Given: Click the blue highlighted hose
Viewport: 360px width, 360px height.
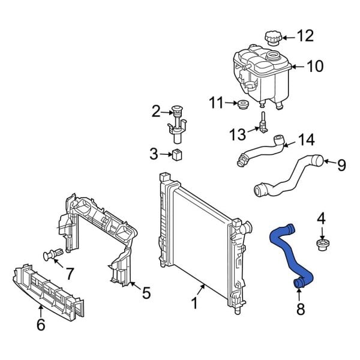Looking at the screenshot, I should (x=286, y=252).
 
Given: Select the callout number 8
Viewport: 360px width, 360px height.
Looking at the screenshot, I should (x=301, y=309).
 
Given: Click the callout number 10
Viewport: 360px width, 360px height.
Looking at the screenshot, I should (x=315, y=66).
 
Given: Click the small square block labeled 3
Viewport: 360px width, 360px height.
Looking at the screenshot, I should (x=176, y=155).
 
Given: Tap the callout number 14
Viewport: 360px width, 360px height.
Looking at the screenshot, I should (x=306, y=140).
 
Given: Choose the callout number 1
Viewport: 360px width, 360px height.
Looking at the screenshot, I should (x=194, y=304).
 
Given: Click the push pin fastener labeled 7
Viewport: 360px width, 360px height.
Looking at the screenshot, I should (x=52, y=255).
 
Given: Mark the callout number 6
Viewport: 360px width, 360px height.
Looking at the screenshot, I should (x=40, y=325).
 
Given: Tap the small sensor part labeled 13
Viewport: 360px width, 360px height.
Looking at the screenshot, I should (x=262, y=122).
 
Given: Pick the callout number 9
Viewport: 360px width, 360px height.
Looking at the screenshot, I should (x=341, y=165).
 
